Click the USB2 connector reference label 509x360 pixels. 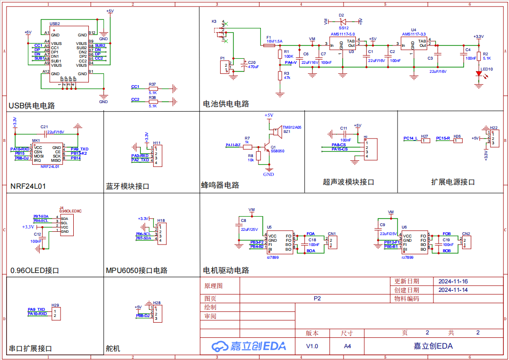tap(55, 23)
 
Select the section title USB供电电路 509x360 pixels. tap(32, 105)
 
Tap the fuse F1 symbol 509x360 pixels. tap(268, 45)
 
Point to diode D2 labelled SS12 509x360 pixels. tap(343, 21)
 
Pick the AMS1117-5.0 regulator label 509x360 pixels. tap(342, 35)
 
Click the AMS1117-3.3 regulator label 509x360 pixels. tap(414, 34)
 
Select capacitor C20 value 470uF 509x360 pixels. tap(253, 67)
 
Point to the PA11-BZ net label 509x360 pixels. tap(233, 145)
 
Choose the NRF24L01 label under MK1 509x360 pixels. tap(50, 167)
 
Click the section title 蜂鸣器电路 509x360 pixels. tap(220, 185)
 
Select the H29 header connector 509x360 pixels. tap(55, 313)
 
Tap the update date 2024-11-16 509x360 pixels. tap(453, 281)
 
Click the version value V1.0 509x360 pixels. tap(312, 346)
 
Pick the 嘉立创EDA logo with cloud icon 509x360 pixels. tap(249, 346)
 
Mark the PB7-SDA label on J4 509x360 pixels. tap(41, 216)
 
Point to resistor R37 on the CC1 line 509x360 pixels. tap(153, 88)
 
